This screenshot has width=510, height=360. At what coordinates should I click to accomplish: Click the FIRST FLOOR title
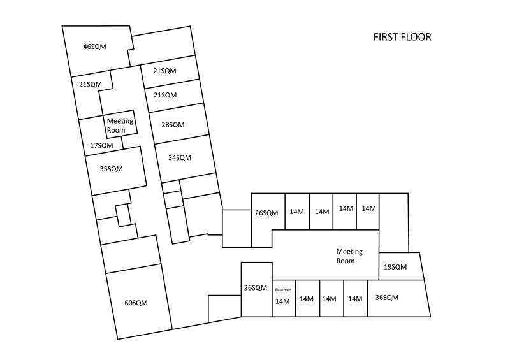pos(402,37)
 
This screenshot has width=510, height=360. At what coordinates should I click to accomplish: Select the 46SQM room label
pos(94,47)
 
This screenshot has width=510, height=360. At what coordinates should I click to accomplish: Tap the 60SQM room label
pos(136,303)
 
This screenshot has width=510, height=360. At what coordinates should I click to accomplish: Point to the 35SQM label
pos(111,169)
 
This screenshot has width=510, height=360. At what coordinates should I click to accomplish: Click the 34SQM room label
pos(180,158)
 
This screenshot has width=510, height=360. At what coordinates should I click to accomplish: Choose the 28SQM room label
pos(173,124)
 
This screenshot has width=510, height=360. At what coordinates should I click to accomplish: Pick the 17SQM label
pos(101,145)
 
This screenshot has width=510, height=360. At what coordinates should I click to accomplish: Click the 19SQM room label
pos(395,267)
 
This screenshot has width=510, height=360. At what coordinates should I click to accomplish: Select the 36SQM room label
pos(387,298)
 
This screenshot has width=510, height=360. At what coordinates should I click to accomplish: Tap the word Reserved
pos(283,290)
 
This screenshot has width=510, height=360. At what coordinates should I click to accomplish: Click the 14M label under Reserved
pos(282,301)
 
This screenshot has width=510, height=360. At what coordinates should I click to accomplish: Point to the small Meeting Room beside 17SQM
pos(120,126)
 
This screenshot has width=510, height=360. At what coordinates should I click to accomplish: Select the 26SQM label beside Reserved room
pos(256,288)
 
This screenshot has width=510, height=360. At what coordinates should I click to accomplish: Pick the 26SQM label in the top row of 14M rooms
pos(266,213)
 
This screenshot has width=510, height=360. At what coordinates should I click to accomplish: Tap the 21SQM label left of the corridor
pos(91,84)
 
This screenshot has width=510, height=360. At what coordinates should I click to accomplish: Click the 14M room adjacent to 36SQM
pos(356,298)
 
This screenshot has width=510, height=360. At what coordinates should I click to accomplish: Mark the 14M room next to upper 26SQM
pos(297,212)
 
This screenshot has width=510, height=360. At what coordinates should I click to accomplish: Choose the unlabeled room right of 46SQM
pos(163,46)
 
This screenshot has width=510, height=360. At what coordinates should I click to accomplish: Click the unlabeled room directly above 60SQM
pos(131,254)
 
